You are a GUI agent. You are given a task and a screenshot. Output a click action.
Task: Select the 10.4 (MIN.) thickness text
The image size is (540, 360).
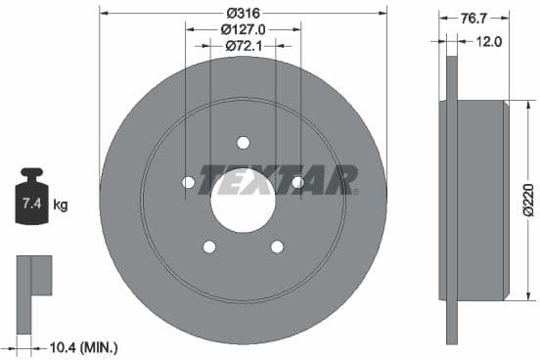pos(82,346)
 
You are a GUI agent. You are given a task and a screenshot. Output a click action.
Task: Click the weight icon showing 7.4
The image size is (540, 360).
pos(30,202)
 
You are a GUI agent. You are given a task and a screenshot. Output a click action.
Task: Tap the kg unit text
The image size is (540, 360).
pos(61,205)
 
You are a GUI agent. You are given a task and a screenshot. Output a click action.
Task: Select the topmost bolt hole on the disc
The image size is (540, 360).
pos(244,141)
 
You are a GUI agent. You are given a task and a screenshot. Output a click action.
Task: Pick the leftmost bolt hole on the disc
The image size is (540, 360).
pos(189,182)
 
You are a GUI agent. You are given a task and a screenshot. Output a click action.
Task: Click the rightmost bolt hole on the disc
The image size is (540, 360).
pos(297,182)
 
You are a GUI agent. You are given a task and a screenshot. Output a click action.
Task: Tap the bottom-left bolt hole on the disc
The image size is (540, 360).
pos(209,247)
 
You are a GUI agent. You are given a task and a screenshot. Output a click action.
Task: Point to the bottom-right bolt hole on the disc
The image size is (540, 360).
pos(277,247)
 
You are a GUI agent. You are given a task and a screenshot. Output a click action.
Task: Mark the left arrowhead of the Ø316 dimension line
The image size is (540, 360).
pos(105,13)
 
